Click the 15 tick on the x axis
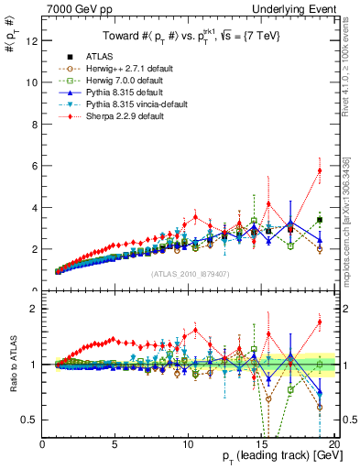pos(260,444)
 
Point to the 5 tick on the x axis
pos(115,444)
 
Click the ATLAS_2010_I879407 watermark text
pos(190,274)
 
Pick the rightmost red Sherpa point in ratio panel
pos(319,322)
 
